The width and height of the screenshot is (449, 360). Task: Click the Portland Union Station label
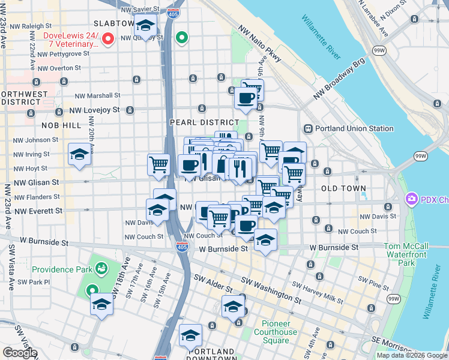[x=355, y=128]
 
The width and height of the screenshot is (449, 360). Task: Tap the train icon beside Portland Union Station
[x=309, y=128]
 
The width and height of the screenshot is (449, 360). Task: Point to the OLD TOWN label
[x=343, y=188]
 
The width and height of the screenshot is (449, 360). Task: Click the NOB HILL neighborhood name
[x=61, y=125]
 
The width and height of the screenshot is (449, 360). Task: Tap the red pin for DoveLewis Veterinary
[x=108, y=40]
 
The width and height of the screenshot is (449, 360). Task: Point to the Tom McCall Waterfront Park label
[x=406, y=254]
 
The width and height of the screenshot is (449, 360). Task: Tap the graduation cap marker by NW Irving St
[x=80, y=155]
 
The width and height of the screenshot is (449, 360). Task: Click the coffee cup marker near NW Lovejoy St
[x=245, y=98]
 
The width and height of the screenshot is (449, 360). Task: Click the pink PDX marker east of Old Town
[x=412, y=199]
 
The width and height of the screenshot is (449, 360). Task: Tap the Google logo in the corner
[x=20, y=353]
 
